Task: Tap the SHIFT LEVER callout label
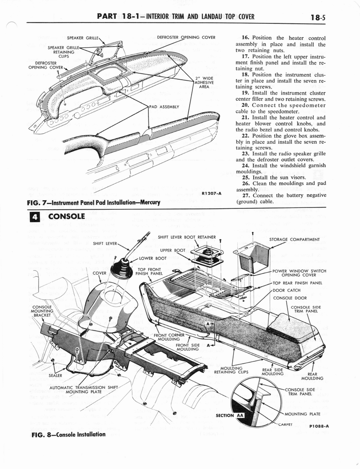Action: tap(104, 243)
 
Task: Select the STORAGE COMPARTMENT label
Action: tap(294, 239)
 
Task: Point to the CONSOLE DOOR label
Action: tap(289, 298)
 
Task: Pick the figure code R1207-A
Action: tap(211, 193)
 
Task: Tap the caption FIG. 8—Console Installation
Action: tap(68, 434)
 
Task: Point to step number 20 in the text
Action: tap(241, 105)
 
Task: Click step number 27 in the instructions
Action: tap(241, 196)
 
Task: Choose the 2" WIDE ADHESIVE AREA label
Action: tap(204, 82)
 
